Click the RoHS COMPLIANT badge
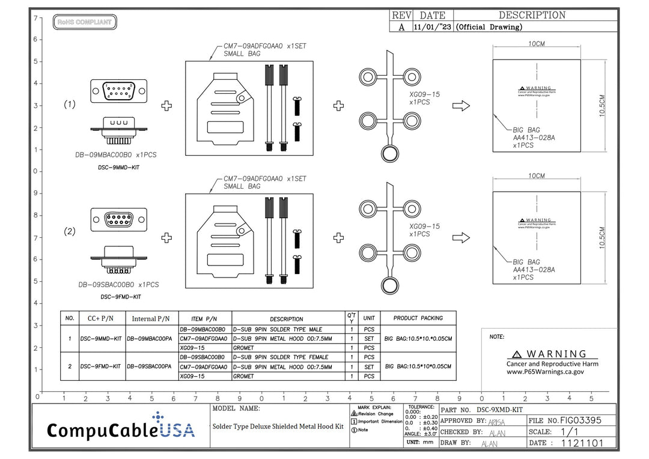pos(85,22)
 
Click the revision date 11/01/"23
pos(433,27)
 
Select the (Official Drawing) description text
pos(489,27)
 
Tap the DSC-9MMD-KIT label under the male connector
pos(118,167)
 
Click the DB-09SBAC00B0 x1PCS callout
pos(118,285)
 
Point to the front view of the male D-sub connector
pos(119,91)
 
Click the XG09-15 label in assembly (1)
pos(424,94)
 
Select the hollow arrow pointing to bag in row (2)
pos(461,238)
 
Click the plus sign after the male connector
pos(166,106)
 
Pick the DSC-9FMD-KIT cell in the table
pos(102,366)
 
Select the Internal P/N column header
pos(151,318)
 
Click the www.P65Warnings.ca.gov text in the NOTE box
pos(545,372)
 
